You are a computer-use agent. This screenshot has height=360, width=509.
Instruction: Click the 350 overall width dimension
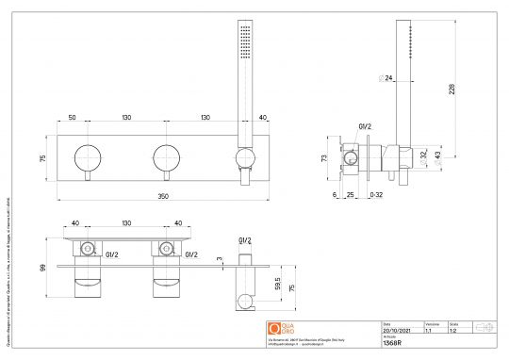[x=164, y=196]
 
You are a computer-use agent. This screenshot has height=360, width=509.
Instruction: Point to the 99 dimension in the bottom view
[x=41, y=268]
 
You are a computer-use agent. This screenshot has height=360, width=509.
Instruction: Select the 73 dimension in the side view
[x=325, y=160]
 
